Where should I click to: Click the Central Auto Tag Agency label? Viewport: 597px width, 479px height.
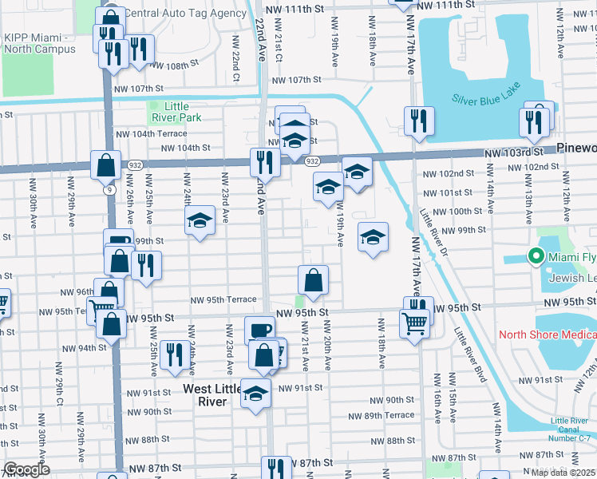pyautogui.click(x=186, y=14)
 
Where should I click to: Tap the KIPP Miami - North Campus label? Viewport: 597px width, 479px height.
pyautogui.click(x=39, y=44)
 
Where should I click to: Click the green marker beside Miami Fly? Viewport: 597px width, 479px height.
pyautogui.click(x=534, y=257)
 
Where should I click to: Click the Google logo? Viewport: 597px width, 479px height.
pyautogui.click(x=26, y=469)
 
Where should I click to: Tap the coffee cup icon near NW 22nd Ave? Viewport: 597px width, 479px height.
pyautogui.click(x=259, y=329)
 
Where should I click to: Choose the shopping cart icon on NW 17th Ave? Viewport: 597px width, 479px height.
pyautogui.click(x=415, y=323)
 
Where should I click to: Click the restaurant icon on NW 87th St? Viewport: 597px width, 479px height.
pyautogui.click(x=276, y=467)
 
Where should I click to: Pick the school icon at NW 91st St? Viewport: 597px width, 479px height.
pyautogui.click(x=255, y=393)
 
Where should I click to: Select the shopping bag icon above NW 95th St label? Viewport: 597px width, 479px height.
pyautogui.click(x=314, y=279)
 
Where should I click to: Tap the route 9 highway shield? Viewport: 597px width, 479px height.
pyautogui.click(x=108, y=190)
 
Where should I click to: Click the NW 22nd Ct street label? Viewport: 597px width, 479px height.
pyautogui.click(x=237, y=59)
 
